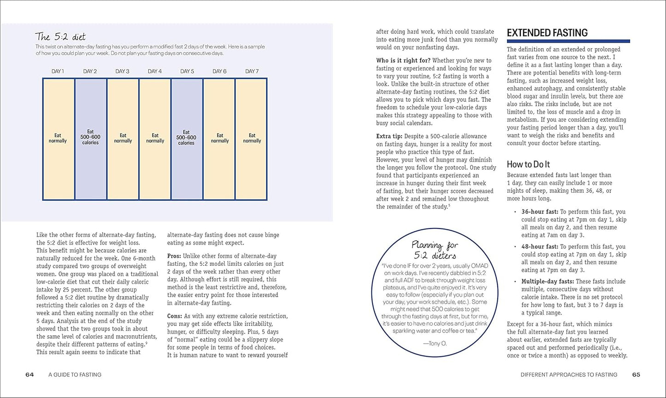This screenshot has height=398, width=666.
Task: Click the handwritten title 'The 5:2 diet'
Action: click(60, 37)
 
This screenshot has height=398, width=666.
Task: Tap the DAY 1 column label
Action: click(58, 71)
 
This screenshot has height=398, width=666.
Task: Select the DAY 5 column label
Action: click(187, 71)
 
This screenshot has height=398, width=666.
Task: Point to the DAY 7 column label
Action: click(252, 71)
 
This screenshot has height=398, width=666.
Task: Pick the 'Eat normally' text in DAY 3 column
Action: click(123, 138)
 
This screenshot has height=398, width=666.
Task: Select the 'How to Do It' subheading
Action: click(528, 164)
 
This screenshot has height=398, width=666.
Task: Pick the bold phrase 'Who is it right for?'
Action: click(403, 60)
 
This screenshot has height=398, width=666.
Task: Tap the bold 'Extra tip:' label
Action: click(389, 136)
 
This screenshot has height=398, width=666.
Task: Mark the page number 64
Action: click(29, 375)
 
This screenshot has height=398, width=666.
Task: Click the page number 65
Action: click(636, 375)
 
